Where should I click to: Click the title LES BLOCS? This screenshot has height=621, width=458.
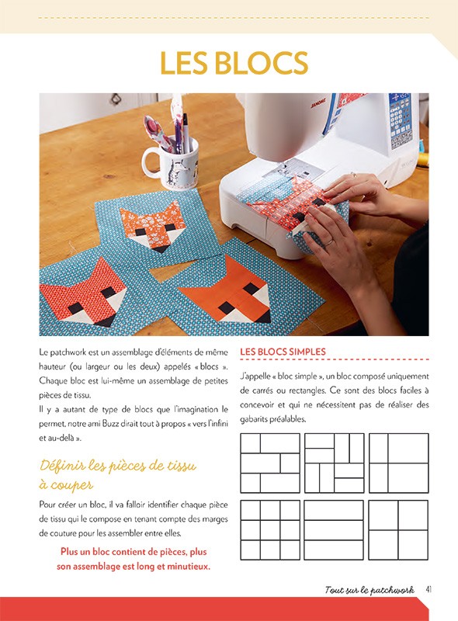coord(234,62)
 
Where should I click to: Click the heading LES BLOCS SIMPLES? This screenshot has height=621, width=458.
coord(283,352)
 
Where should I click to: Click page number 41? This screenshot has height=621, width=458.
coord(429,590)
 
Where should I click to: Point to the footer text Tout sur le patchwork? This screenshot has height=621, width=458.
coord(370,590)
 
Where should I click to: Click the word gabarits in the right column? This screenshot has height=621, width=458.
coord(262,419)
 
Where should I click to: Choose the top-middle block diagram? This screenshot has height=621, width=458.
coord(334,463)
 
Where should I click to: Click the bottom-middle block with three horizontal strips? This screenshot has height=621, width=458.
coord(334,529)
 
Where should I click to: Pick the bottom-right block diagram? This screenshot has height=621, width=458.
coord(398,529)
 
